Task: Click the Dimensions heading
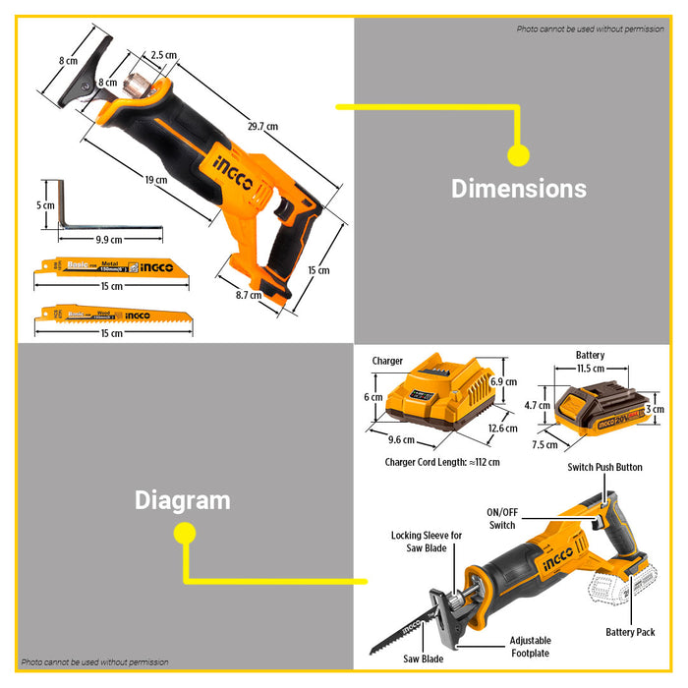tap(518, 189)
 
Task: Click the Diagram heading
tap(183, 500)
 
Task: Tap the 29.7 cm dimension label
tap(262, 126)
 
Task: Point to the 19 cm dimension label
tap(154, 180)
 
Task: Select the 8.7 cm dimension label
tap(249, 295)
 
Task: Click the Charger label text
tap(387, 361)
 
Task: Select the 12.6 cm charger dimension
tap(502, 428)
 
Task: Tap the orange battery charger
tap(440, 399)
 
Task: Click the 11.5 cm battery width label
tap(590, 368)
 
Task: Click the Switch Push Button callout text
tap(604, 467)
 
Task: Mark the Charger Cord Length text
tap(442, 462)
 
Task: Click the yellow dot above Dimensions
tap(518, 154)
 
